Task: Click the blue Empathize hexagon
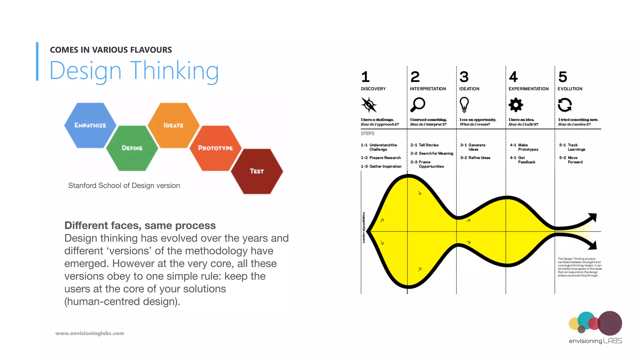click(90, 125)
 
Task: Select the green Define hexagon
click(132, 148)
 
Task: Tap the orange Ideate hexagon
click(173, 125)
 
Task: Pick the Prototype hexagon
click(215, 148)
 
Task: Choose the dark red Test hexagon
click(257, 171)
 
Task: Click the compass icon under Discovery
click(369, 105)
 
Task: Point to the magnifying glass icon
click(418, 104)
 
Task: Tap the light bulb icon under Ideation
click(464, 104)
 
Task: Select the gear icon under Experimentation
click(516, 105)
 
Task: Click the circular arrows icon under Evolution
click(565, 105)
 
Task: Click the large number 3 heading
click(464, 77)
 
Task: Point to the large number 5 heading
click(562, 77)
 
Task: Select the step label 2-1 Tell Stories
click(424, 145)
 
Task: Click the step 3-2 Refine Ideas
click(475, 158)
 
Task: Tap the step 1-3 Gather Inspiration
click(381, 167)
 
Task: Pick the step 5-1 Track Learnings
click(572, 147)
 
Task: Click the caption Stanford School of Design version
click(124, 186)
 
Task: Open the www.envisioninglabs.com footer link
click(90, 333)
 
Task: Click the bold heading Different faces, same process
click(140, 225)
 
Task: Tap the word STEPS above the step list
click(367, 133)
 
